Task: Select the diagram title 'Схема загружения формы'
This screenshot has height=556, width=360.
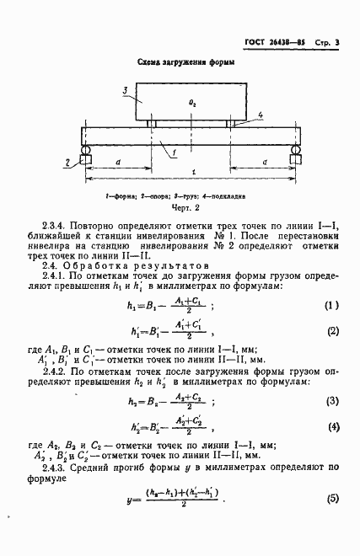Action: (186, 63)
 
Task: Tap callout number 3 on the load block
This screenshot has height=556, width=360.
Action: (124, 89)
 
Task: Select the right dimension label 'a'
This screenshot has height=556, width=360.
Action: (266, 160)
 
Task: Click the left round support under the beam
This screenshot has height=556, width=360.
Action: (86, 156)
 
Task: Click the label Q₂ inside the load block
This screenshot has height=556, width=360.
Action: (193, 103)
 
